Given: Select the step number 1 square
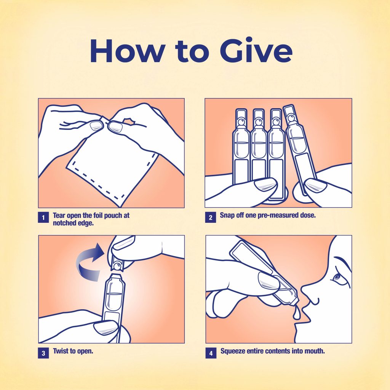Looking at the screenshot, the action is [43, 217].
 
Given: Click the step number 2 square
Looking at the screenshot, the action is [210, 217].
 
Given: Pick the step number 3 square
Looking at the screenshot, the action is [43, 353].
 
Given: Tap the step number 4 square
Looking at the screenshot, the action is [211, 353].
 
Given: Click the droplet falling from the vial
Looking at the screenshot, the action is [296, 313].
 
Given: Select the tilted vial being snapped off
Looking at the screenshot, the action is [300, 149].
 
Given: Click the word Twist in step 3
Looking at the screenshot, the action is [61, 351].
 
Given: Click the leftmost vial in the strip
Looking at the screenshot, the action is [241, 147].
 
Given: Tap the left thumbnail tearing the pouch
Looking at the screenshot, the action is [96, 126].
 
